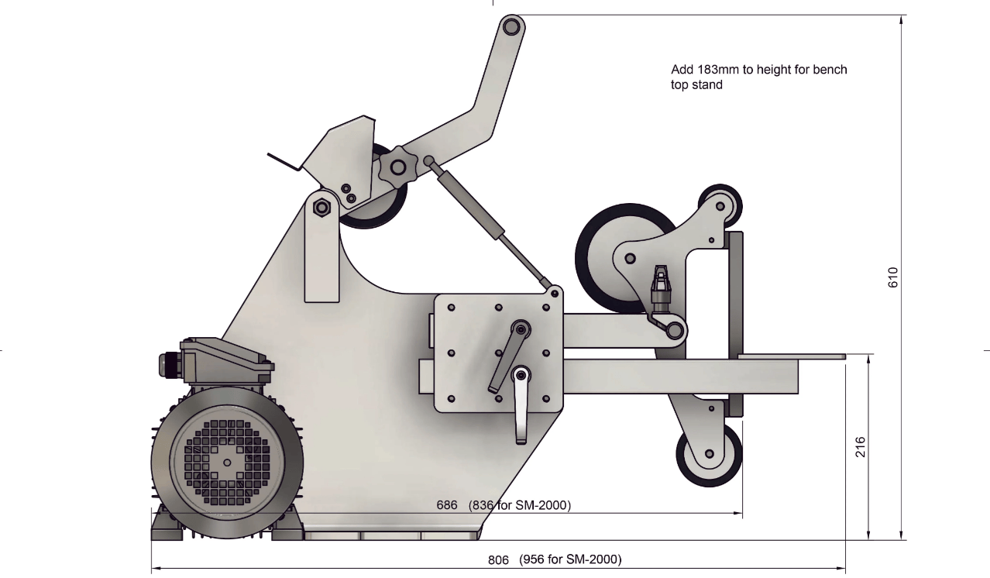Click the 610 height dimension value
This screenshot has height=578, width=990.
point(892,277)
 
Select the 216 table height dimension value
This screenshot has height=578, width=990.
point(860,447)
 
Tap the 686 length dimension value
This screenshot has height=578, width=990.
point(447,505)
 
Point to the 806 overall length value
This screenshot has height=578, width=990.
point(498,559)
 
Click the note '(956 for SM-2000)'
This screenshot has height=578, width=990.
point(570,559)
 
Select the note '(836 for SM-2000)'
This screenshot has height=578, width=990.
point(520,505)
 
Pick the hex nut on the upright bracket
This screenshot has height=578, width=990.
point(321,208)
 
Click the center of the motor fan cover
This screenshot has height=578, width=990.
point(226,462)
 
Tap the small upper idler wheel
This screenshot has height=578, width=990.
point(720,205)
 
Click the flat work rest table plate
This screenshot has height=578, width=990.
point(791,356)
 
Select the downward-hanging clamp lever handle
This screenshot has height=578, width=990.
point(521,411)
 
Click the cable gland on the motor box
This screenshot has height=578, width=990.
point(168,364)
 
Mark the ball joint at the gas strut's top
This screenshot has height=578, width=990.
point(428,161)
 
